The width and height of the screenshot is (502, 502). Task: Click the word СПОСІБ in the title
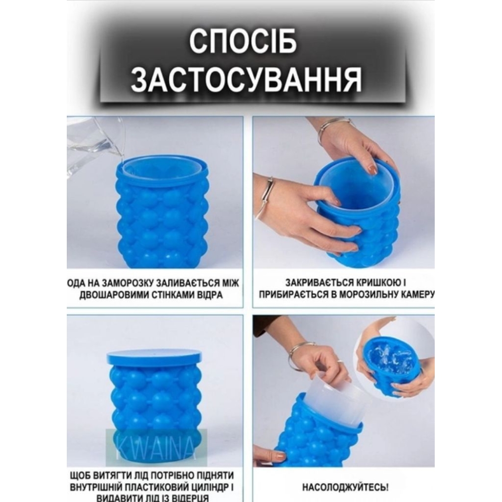(242, 43)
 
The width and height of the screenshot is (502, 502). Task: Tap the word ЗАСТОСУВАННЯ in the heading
(246, 80)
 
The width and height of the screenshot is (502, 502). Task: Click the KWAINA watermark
(157, 447)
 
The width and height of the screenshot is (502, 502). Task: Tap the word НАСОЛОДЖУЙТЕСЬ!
(345, 487)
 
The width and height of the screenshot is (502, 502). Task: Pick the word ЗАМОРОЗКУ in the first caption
(125, 283)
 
